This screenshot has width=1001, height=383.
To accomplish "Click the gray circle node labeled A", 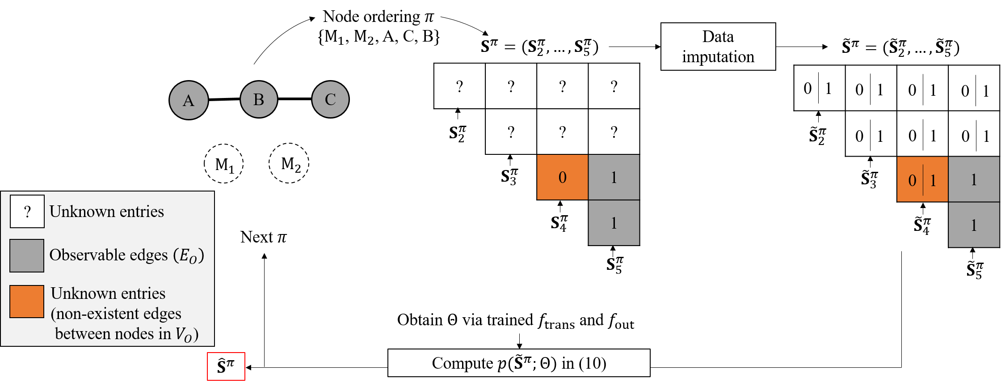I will [189, 100].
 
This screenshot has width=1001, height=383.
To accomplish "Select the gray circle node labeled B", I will [259, 99].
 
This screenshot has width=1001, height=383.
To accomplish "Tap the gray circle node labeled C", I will [330, 99].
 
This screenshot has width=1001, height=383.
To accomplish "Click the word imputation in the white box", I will [718, 57].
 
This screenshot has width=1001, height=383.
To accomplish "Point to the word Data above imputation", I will [718, 36].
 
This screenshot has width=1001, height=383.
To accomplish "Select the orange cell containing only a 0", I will [562, 177].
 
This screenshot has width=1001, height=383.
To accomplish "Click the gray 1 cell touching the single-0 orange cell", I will [614, 177].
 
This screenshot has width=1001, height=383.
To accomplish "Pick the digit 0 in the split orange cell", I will [912, 180].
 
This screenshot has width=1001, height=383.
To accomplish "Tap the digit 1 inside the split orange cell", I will [933, 180].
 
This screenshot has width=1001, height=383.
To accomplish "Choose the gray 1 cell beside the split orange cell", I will [974, 179].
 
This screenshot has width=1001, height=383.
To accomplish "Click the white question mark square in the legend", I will [27, 212].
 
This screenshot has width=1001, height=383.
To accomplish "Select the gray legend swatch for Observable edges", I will [27, 255].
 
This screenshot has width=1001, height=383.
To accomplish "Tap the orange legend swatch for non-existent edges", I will [27, 302].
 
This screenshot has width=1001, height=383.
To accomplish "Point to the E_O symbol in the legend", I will [188, 256].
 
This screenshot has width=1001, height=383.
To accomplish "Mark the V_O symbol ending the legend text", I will [184, 334].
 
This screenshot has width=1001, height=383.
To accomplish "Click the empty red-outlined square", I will [226, 366].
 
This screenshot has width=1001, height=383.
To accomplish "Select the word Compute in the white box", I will [463, 363].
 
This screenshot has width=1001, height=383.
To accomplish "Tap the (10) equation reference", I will [593, 363].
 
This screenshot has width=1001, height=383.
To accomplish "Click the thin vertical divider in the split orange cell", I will [923, 180].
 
